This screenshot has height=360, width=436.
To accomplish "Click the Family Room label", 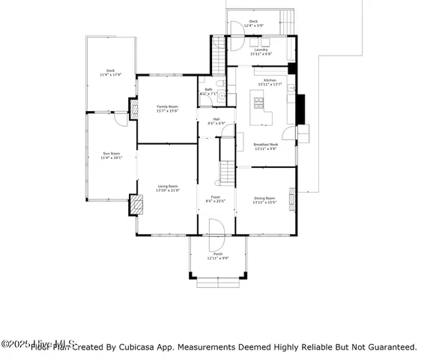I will [166, 109].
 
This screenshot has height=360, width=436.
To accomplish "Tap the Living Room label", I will [167, 187].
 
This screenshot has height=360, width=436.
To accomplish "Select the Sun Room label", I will [111, 155].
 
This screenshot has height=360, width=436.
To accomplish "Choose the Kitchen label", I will [269, 82].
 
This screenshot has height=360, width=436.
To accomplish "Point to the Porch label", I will [218, 256].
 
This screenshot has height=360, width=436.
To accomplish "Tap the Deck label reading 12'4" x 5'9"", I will [253, 23].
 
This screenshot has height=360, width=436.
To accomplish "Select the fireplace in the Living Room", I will [136, 205].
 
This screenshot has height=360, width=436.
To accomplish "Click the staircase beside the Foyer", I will [227, 160].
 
